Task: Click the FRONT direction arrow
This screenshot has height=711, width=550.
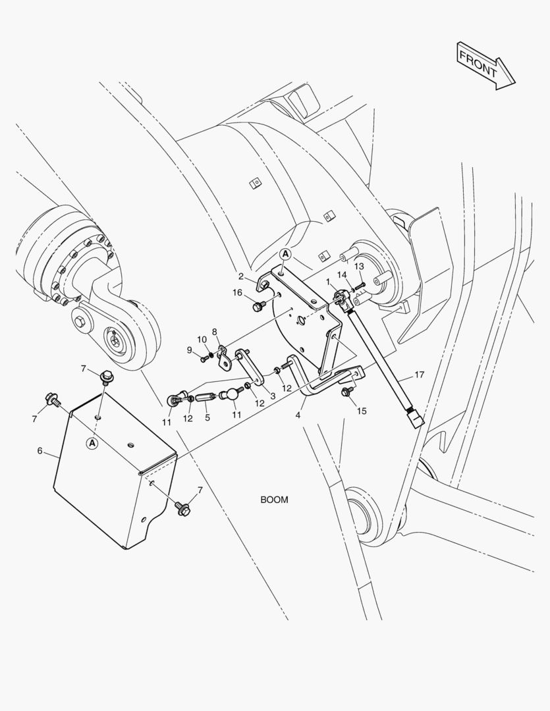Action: (486, 65)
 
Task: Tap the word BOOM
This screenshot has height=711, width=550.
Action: (274, 500)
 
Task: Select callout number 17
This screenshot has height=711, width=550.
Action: (419, 376)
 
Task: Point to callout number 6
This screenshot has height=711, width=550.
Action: (40, 451)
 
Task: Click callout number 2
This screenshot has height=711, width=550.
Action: (242, 276)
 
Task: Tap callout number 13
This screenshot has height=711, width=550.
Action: (359, 266)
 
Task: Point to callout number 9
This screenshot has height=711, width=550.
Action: (190, 350)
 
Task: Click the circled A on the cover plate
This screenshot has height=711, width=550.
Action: (92, 444)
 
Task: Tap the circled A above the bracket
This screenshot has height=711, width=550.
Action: (285, 253)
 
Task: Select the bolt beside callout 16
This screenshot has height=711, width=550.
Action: (259, 306)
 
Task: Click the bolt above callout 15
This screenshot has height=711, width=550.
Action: (345, 392)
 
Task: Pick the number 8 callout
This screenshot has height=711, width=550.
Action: (214, 331)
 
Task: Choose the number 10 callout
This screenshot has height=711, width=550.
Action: (203, 340)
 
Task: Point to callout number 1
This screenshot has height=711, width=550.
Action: (328, 281)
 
